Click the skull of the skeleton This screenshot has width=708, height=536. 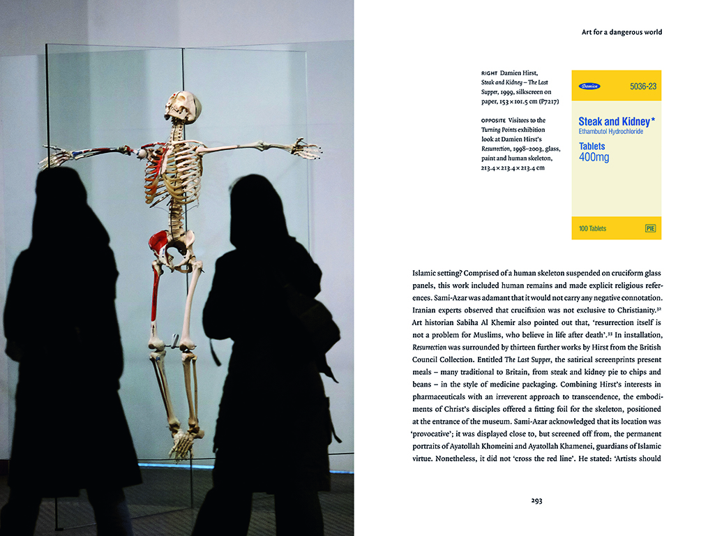click(x=183, y=107)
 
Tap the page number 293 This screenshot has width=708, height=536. click(x=536, y=500)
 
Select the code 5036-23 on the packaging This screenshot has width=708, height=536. click(x=643, y=87)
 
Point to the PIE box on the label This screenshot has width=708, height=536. click(x=651, y=228)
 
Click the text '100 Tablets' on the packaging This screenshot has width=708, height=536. click(x=592, y=229)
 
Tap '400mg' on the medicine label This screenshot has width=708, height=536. click(x=594, y=158)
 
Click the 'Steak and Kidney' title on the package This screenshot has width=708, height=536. click(x=614, y=121)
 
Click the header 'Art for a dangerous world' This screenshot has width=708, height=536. click(x=622, y=32)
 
